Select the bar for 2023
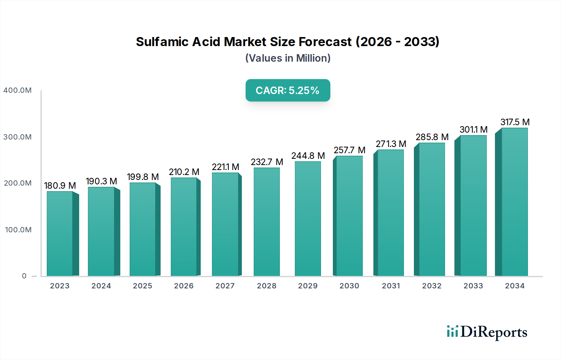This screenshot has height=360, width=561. pos(60,234)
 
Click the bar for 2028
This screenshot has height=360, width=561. pos(267,222)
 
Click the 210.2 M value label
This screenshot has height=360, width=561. pos(184,172)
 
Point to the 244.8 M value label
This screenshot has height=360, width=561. pos(308,156)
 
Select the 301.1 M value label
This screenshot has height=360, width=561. pos(473,130)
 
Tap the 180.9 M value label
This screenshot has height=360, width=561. pos(60,186)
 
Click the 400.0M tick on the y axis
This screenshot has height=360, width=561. pos(17,90)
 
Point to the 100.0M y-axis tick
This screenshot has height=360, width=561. pos(18,230)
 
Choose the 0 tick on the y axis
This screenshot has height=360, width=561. pos(24,276)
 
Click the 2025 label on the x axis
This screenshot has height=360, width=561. pos(142,286)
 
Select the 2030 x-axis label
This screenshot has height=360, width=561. pos(349,286)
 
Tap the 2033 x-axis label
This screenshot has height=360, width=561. pos(473,286)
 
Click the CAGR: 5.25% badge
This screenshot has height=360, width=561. pos(288,90)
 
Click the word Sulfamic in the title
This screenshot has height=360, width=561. pos(162,42)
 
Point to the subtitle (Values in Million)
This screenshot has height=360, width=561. pos(288,58)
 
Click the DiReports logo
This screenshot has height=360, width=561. pos(487,332)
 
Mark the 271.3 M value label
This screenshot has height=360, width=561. pos(391,144)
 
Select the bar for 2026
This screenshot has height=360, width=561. pos(184,227)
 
